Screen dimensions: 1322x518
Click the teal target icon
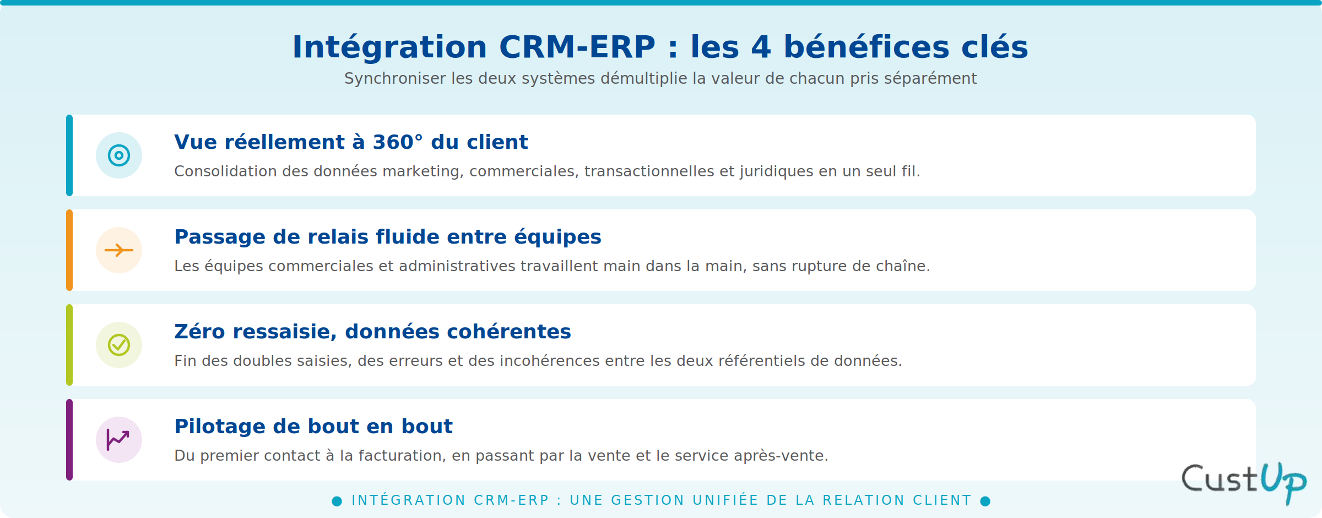119,155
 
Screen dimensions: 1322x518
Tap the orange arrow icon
119,250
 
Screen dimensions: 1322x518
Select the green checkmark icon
119,345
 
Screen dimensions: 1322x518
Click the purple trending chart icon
118,440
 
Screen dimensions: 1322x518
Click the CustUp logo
1244,483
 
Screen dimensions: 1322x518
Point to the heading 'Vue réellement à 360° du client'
351,142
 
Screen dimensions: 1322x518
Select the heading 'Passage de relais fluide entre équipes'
388,237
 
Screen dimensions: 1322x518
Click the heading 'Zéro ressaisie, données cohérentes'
372,332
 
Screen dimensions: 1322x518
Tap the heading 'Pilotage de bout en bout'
313,427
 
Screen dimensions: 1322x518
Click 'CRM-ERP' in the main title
577,47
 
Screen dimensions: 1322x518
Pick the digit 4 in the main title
761,47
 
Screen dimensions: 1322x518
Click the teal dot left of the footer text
337,501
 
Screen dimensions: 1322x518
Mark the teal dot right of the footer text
985,501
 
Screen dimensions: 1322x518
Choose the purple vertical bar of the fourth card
69,440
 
